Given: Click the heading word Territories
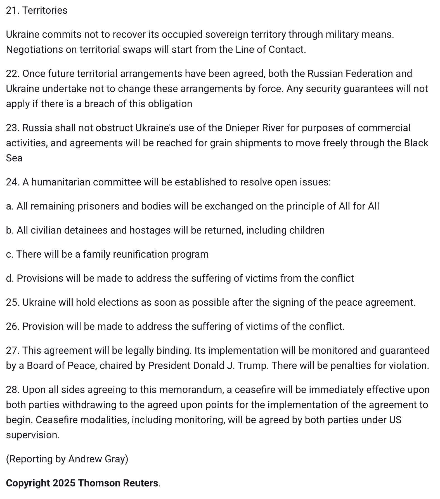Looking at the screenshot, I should [45, 10].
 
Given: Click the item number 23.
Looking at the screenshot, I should [13, 128].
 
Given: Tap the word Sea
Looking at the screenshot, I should [14, 158].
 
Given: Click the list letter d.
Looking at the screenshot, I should [10, 278].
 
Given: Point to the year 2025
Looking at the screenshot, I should [64, 483].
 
